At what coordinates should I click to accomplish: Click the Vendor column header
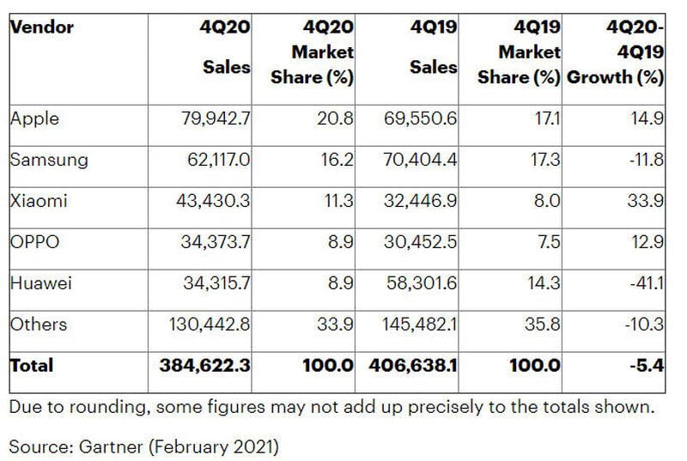[x=41, y=27]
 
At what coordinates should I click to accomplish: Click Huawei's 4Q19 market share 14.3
[x=545, y=284]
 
